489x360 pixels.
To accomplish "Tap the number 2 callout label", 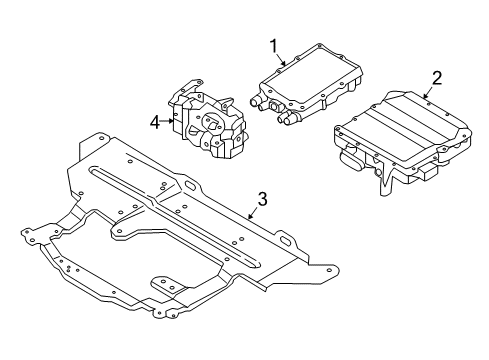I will [436, 77].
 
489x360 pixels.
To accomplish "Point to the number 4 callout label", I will [155, 123].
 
